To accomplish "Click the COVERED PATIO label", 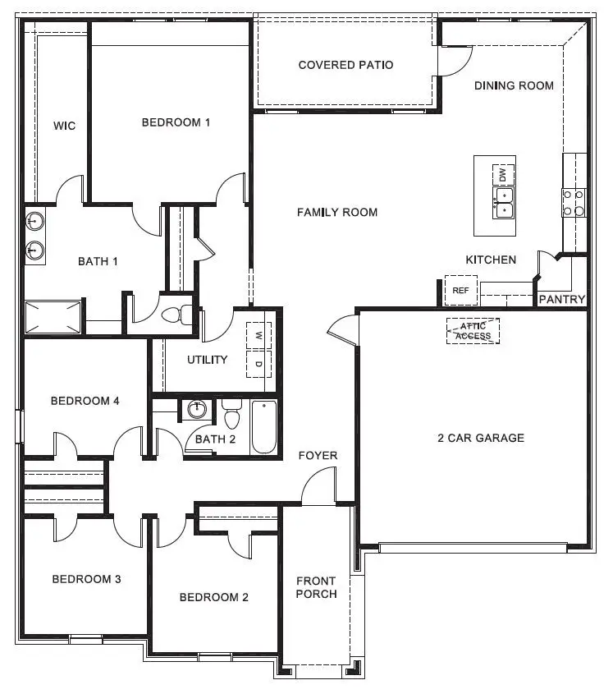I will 345,65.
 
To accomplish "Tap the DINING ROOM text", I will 514,85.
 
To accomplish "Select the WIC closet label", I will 64,126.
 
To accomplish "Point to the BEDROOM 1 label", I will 176,122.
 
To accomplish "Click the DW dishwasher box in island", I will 503,175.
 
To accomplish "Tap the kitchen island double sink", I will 502,203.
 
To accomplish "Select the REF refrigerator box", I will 460,290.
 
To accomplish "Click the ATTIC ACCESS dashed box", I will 473,331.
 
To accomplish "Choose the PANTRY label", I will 562,300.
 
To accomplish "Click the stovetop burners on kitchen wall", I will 574,203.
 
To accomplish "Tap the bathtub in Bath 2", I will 263,427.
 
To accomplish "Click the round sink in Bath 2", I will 196,409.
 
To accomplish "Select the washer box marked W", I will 258,336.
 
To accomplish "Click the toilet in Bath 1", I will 177,315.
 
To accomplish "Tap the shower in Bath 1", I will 53,317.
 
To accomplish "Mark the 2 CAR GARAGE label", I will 480,438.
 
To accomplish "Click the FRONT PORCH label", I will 316,587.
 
